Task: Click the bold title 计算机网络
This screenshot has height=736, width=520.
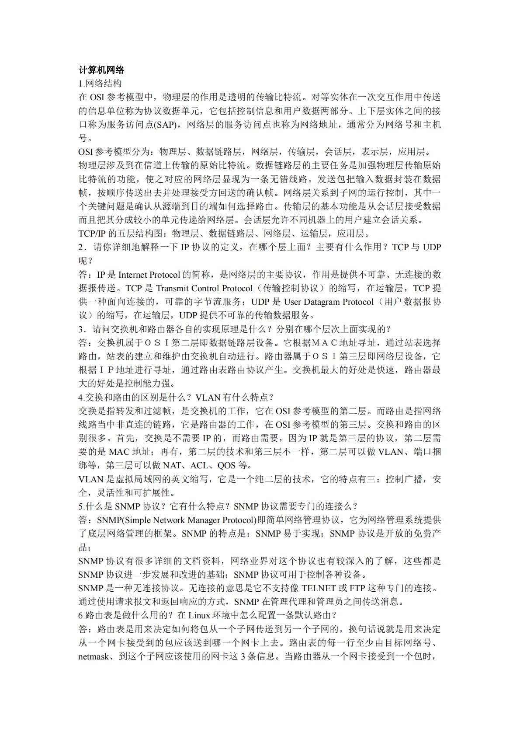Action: point(101,70)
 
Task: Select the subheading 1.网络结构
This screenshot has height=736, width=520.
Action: point(100,84)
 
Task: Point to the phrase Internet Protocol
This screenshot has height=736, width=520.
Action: point(149,275)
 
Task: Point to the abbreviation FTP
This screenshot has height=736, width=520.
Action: point(357,588)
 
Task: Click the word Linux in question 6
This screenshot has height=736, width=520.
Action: point(199,615)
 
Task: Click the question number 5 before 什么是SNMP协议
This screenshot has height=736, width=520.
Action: point(81,506)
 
